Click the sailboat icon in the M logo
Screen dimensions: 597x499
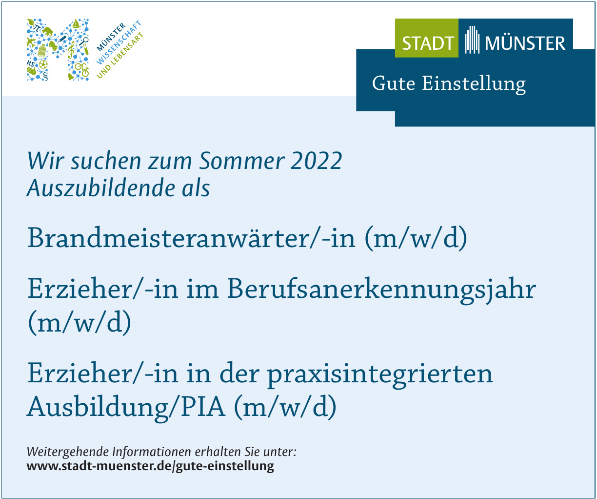point(75,24)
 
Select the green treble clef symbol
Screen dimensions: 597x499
point(71,49)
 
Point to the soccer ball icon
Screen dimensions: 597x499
point(43,65)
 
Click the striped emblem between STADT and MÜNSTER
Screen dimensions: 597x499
point(472,40)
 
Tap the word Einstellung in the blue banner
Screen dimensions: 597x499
point(474,84)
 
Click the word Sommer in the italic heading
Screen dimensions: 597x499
point(241,161)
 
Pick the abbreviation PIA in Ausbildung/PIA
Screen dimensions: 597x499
point(203,407)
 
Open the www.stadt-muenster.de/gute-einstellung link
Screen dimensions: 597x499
point(150,466)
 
